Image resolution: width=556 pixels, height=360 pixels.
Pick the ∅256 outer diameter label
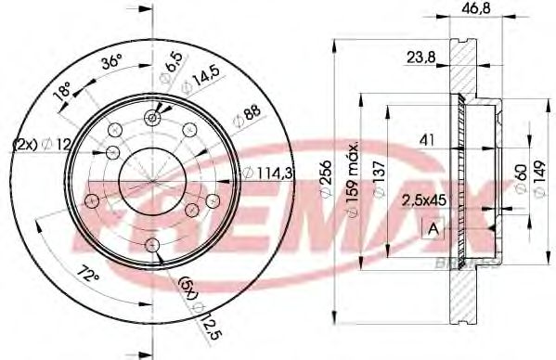click(x=326, y=174)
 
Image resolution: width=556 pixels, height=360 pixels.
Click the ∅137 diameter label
click(x=379, y=176)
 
